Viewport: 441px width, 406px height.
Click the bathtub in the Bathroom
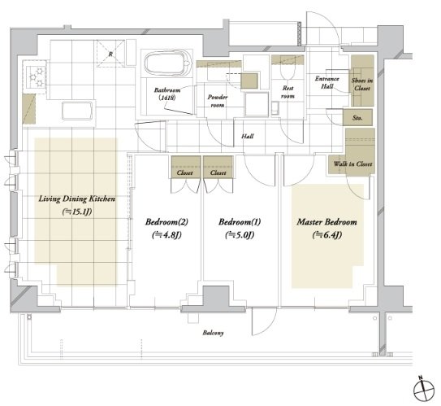pyautogui.click(x=168, y=63)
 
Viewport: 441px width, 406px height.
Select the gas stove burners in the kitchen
pyautogui.click(x=36, y=76)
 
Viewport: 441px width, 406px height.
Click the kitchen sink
pyautogui.click(x=77, y=111)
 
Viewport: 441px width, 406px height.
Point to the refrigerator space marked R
pyautogui.click(x=110, y=54)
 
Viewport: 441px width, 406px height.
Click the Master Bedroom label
pyautogui.click(x=326, y=222)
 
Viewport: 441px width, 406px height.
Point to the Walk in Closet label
pyautogui.click(x=352, y=164)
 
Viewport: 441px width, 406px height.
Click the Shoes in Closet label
pyautogui.click(x=362, y=85)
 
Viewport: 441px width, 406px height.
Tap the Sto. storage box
pyautogui.click(x=357, y=117)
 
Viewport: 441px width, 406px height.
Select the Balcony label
pyautogui.click(x=213, y=333)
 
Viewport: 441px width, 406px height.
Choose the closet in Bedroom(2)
pyautogui.click(x=186, y=167)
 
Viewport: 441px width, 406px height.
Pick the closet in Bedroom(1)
pyautogui.click(x=218, y=167)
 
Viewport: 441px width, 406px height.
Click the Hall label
pyautogui.click(x=247, y=137)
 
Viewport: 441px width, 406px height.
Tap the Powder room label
pyautogui.click(x=218, y=101)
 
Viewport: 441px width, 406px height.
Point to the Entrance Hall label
pyautogui.click(x=326, y=82)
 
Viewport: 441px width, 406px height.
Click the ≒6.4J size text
pyautogui.click(x=326, y=234)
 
